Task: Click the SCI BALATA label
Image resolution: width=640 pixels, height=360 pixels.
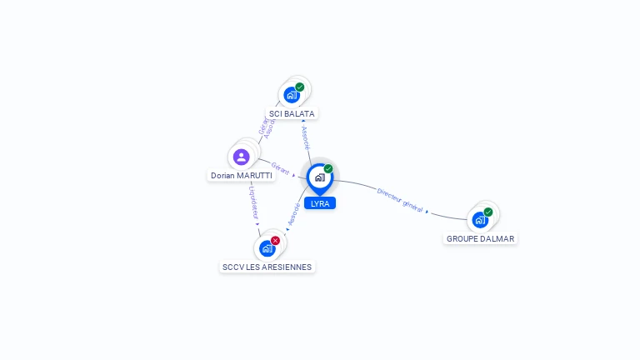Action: click(292, 113)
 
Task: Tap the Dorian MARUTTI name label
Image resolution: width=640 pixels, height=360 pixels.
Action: click(242, 176)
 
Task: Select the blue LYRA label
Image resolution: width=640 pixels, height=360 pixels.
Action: click(320, 203)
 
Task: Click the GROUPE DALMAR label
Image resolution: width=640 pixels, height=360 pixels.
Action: click(481, 238)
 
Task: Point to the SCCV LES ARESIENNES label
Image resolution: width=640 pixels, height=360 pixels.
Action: click(267, 267)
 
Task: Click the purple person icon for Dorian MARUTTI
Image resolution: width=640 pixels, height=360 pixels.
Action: click(242, 157)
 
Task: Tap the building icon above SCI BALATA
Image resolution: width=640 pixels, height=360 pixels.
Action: click(292, 95)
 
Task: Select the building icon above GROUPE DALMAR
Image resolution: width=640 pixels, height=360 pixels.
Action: click(480, 220)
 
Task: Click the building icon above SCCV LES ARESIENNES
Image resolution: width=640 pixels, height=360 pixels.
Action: click(267, 248)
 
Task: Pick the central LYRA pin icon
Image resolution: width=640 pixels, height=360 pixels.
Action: click(319, 177)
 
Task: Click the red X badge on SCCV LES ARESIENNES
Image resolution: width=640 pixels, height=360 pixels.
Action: click(276, 241)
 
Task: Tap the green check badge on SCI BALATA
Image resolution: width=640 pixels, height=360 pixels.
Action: click(300, 87)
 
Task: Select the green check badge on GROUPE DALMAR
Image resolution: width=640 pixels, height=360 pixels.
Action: click(488, 212)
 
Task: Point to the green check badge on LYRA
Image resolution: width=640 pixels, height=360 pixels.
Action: click(328, 169)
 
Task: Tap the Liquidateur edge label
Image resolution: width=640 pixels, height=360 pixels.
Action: click(253, 202)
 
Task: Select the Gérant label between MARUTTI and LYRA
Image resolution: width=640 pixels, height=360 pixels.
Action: click(281, 169)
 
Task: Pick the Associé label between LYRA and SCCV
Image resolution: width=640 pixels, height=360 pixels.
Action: click(293, 213)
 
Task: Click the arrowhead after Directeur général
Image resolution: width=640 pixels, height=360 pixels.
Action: click(427, 212)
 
